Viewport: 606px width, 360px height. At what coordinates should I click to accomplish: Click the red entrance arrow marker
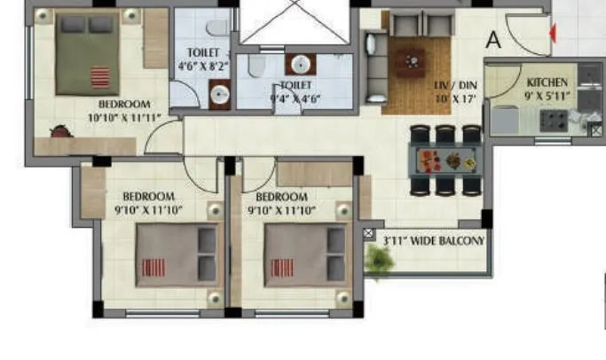[x=554, y=33]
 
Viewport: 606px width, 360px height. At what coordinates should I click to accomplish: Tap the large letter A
[x=494, y=39]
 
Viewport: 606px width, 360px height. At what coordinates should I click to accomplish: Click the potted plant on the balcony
[x=380, y=260]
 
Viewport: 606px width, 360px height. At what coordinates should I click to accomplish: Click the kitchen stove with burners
[x=555, y=119]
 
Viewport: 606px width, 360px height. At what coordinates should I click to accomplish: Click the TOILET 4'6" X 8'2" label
[x=203, y=59]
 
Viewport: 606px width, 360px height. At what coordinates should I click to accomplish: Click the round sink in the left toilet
[x=219, y=92]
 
